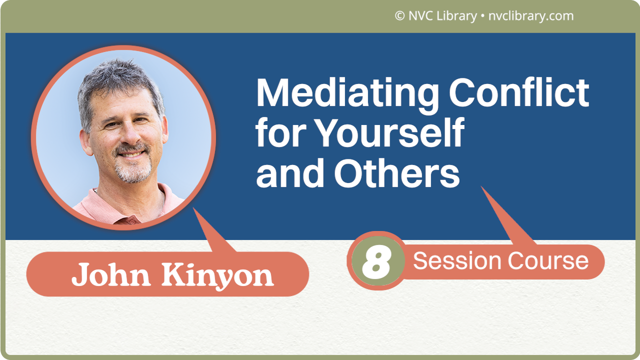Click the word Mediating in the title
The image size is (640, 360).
[347, 94]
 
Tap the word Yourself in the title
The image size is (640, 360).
[390, 133]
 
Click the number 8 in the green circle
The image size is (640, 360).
[376, 261]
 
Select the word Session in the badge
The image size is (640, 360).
[457, 261]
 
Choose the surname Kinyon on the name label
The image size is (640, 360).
[217, 275]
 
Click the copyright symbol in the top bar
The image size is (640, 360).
[399, 16]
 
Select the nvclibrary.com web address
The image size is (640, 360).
[530, 16]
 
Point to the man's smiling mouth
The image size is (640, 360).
[131, 154]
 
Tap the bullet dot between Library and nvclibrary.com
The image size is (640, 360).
[482, 16]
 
